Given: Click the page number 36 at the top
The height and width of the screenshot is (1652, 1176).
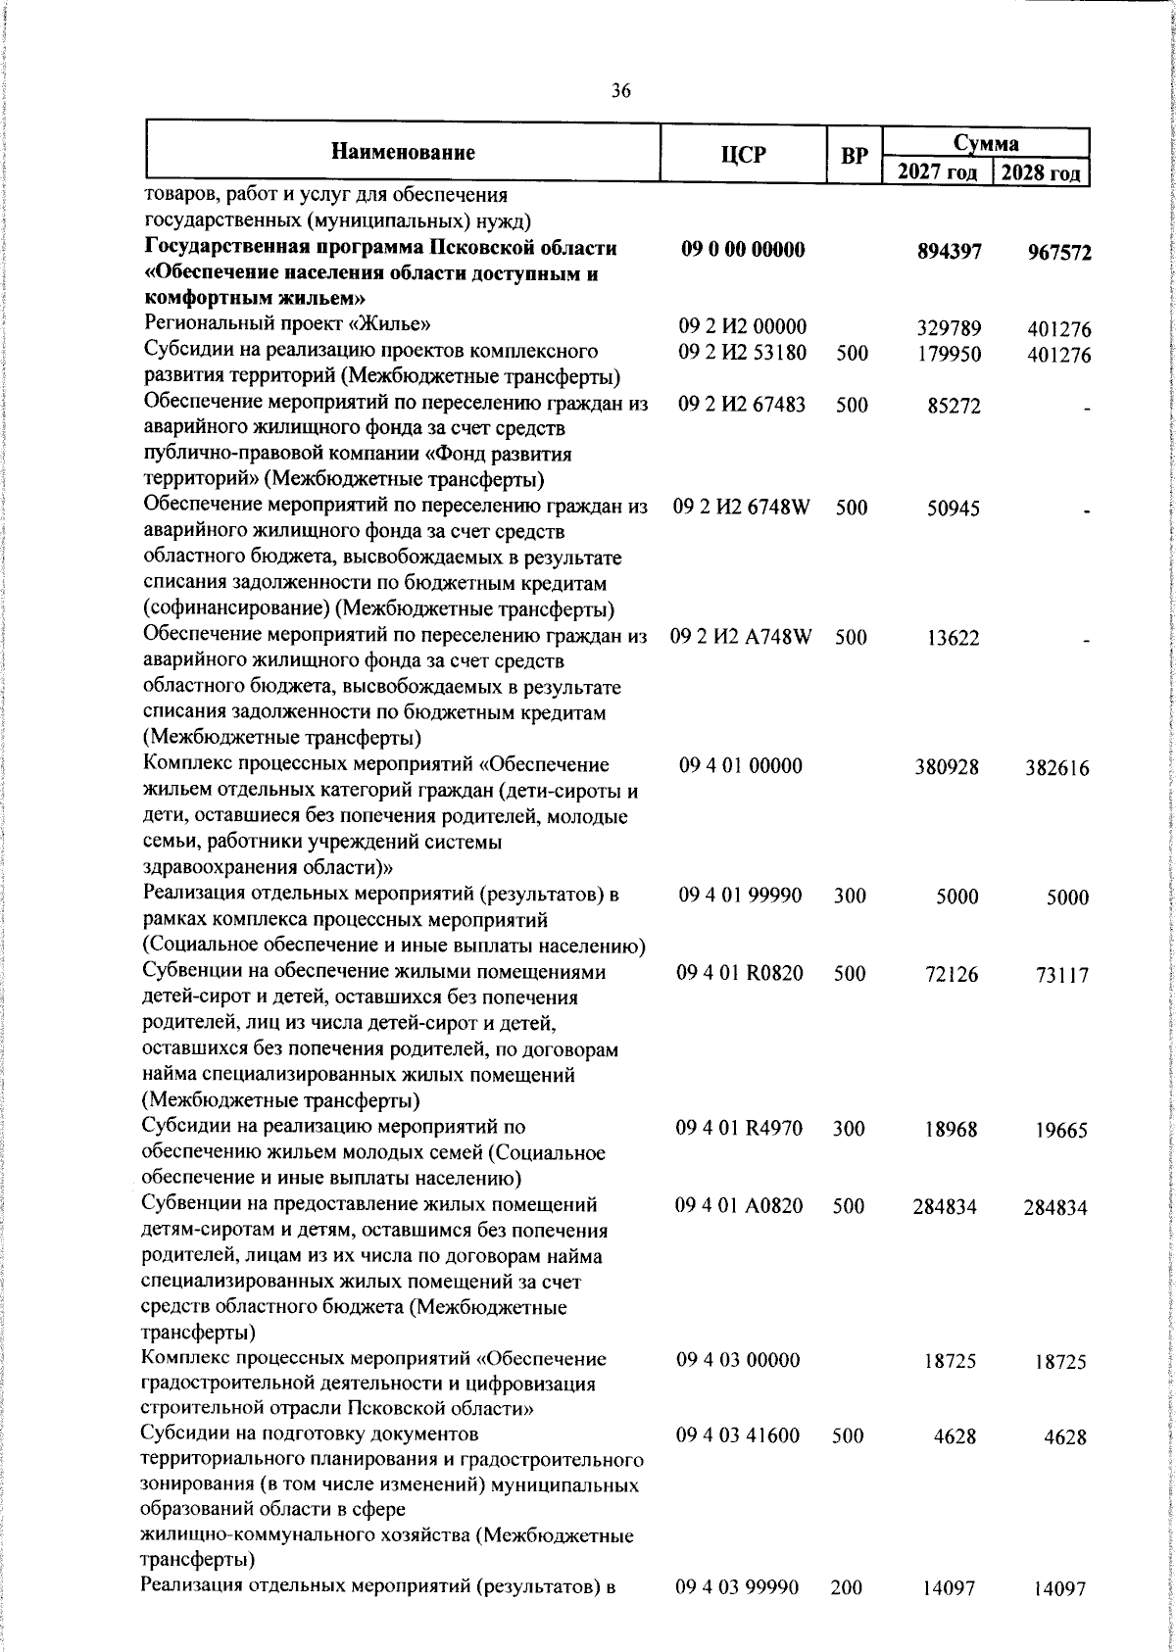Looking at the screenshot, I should [x=620, y=91].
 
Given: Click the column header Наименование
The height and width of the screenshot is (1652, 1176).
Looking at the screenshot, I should [x=403, y=152].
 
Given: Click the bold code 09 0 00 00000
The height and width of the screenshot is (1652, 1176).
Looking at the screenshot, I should [x=743, y=249].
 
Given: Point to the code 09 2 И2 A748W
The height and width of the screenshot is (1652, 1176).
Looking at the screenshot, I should [x=742, y=637].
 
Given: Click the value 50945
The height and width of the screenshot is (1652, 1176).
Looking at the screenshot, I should [x=953, y=509].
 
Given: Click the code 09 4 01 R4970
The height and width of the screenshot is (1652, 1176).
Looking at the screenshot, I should [x=740, y=1128].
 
